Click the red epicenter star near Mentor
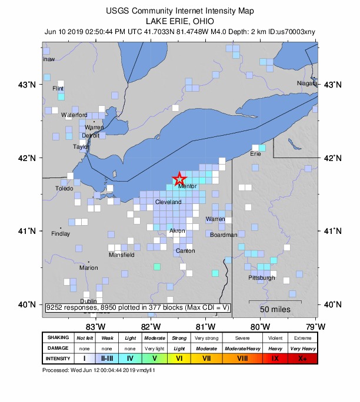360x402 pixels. [x=179, y=179]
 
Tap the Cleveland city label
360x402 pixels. [x=168, y=202]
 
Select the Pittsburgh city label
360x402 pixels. [x=262, y=277]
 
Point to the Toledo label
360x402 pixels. [x=64, y=189]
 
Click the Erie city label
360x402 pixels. [x=255, y=154]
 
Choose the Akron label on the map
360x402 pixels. [x=177, y=231]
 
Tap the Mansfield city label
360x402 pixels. [x=122, y=255]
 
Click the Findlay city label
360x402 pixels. [x=61, y=234]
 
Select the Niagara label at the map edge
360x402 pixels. [x=308, y=83]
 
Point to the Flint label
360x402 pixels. [x=58, y=89]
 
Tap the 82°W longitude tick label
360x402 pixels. [x=151, y=326]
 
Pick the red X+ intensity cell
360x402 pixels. [x=303, y=357]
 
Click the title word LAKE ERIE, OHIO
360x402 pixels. [x=180, y=21]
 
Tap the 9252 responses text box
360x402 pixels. [x=138, y=307]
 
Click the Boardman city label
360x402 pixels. [x=224, y=235]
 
